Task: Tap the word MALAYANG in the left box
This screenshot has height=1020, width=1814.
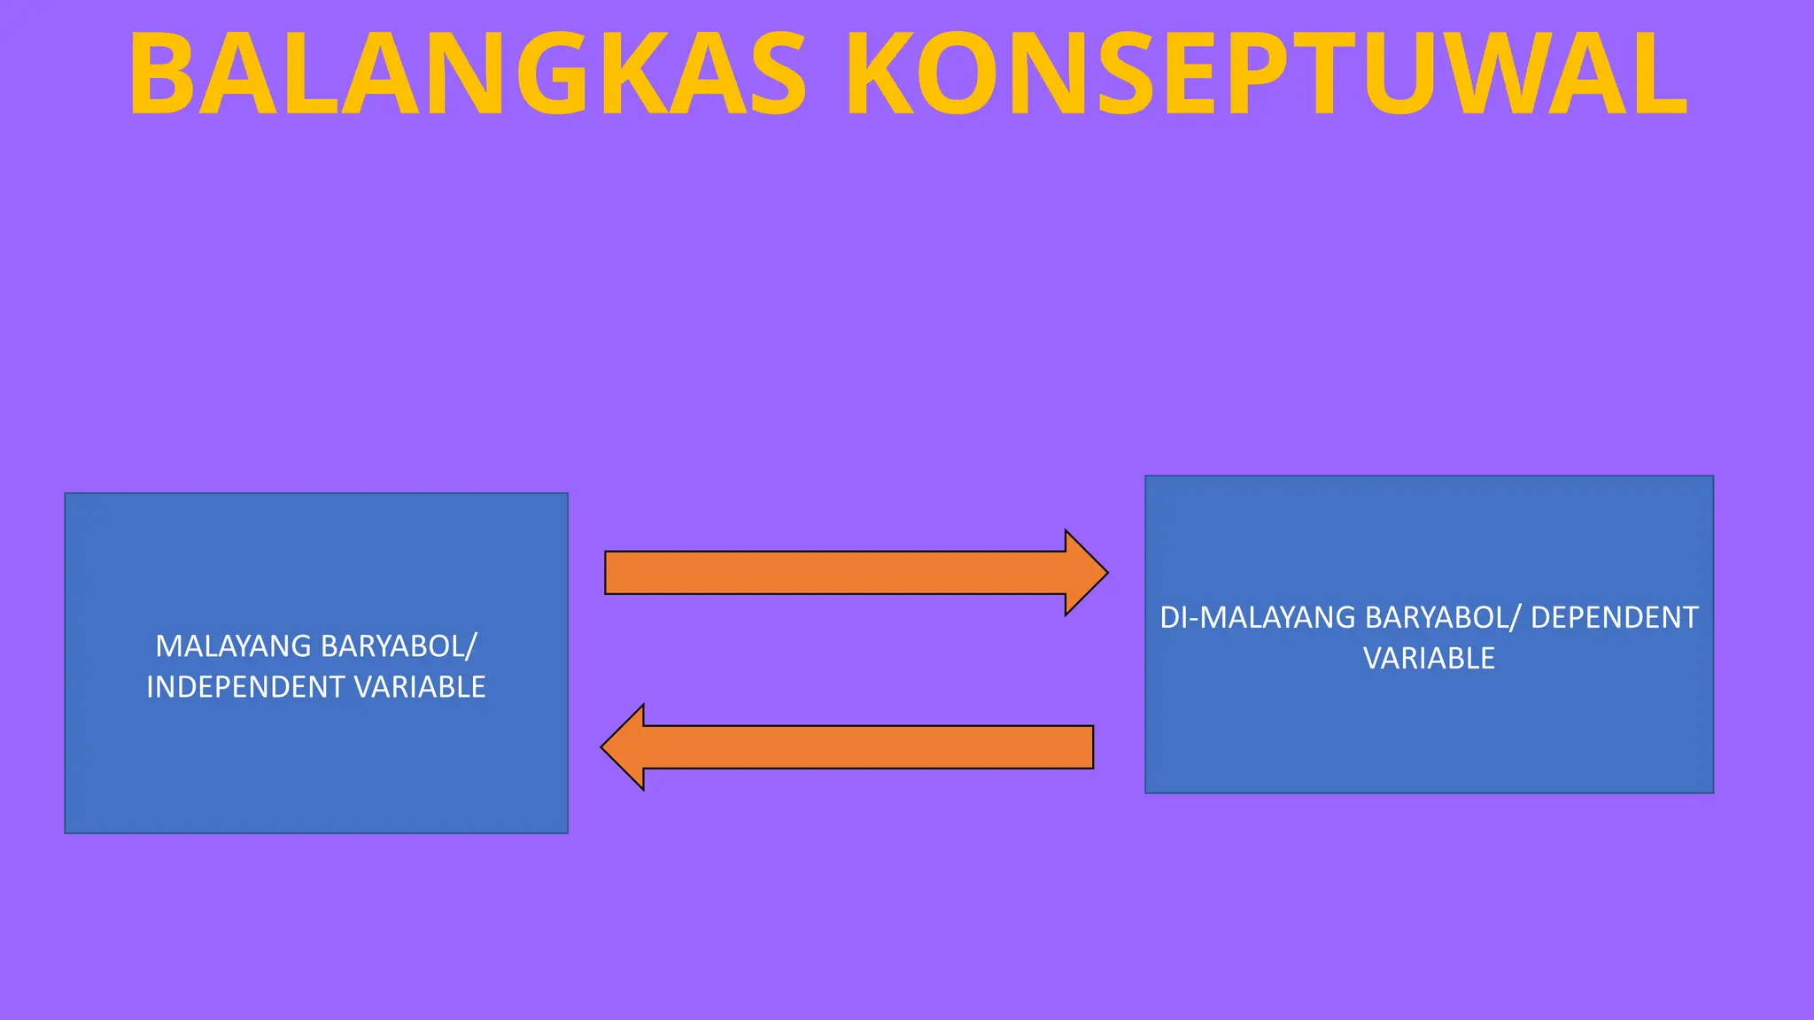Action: coord(233,646)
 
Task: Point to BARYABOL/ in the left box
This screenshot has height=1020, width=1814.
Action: coord(399,646)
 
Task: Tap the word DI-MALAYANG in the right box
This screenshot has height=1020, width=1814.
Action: coord(1258,617)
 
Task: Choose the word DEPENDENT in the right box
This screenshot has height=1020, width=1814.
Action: coord(1614,617)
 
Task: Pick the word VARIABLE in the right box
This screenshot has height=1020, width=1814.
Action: coord(1429,658)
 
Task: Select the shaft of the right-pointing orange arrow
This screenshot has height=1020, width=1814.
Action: coord(833,573)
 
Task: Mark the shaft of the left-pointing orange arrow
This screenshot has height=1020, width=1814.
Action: coord(868,747)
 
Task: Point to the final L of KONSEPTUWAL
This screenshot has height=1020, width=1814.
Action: coord(1657,74)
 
